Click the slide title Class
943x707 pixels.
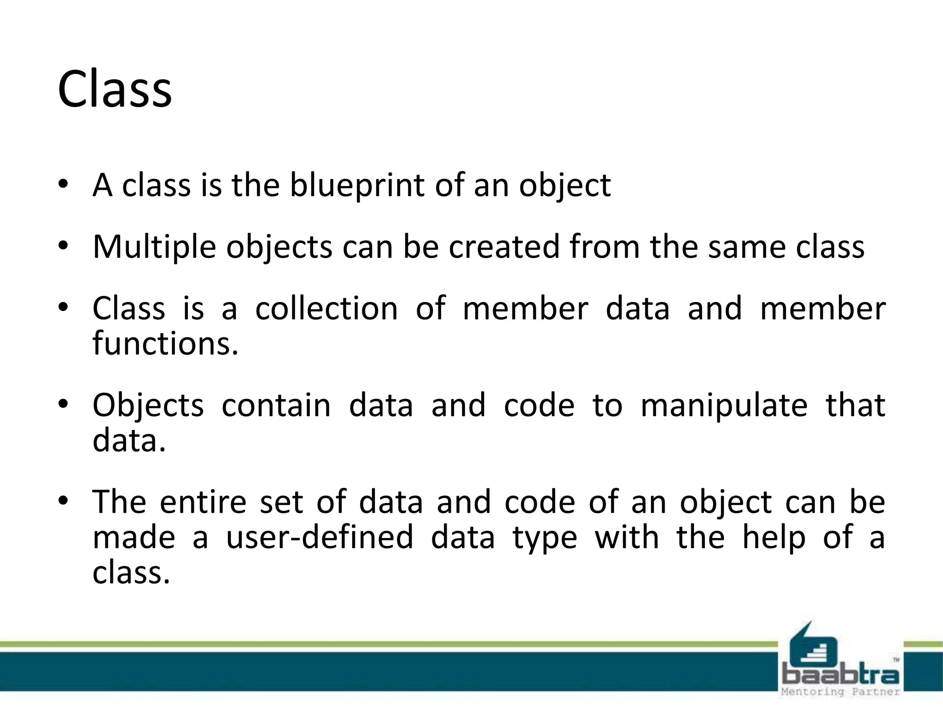point(115,89)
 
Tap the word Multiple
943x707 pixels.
point(154,248)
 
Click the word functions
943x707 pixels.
point(165,343)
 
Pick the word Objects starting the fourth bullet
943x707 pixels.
point(148,406)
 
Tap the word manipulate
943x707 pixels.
point(724,406)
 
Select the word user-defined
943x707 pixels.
point(320,538)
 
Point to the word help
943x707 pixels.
point(774,538)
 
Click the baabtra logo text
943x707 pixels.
point(841,675)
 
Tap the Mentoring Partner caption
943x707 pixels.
point(841,692)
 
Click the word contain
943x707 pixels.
point(276,406)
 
